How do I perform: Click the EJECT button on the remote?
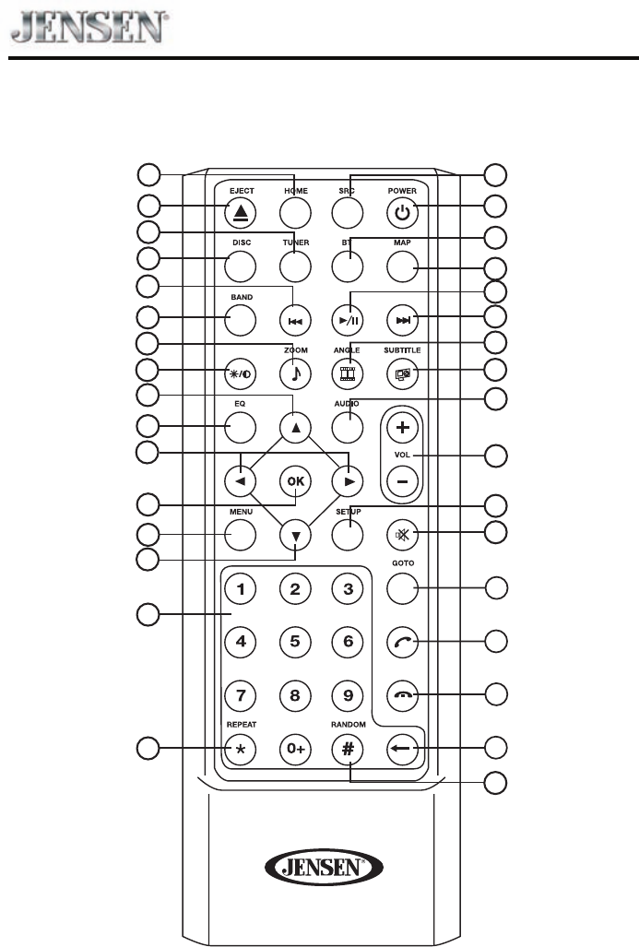tap(241, 213)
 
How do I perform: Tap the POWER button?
tap(401, 213)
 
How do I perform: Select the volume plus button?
tap(401, 428)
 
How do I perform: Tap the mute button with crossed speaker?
tap(401, 534)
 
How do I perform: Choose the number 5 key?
tap(294, 641)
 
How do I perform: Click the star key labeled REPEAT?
tap(241, 749)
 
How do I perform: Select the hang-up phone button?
tap(401, 695)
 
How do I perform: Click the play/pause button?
tap(348, 320)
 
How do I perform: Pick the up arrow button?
tap(294, 428)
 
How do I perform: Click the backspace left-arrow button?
tap(401, 749)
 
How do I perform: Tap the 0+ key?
tap(294, 749)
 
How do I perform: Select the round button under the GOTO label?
tap(401, 587)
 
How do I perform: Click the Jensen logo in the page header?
tap(89, 26)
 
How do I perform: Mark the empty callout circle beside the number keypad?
tap(148, 615)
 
